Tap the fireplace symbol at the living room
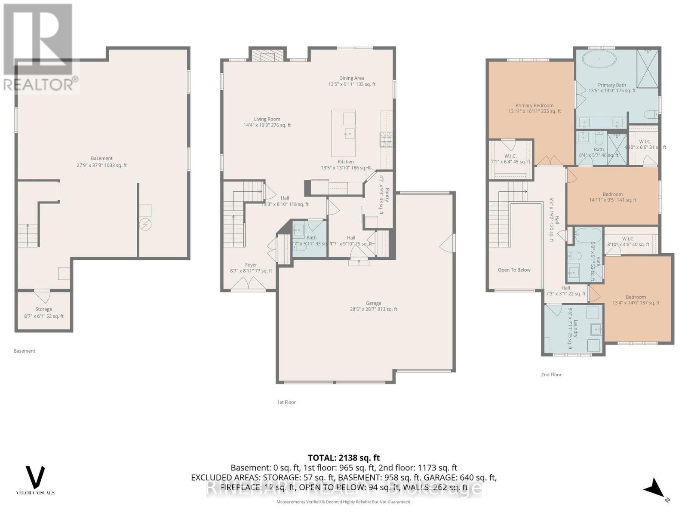click(x=268, y=56)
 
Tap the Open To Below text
click(x=514, y=270)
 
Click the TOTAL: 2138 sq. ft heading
click(x=344, y=458)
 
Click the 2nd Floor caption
click(x=551, y=375)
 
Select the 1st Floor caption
click(x=286, y=402)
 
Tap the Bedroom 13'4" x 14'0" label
click(x=636, y=300)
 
